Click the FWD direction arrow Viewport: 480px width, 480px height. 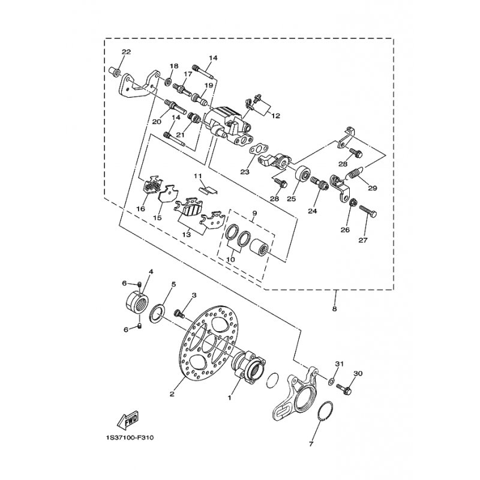(x=128, y=419)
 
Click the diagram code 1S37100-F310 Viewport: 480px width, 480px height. (x=128, y=438)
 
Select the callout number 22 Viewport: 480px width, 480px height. (x=126, y=52)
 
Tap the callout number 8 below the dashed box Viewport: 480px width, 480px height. (x=334, y=309)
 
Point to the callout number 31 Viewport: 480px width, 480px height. (x=340, y=364)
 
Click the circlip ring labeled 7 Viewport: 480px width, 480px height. (x=325, y=411)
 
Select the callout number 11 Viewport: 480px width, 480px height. (x=198, y=176)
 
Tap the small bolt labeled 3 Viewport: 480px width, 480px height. (x=179, y=313)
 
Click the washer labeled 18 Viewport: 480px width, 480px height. (x=168, y=82)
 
